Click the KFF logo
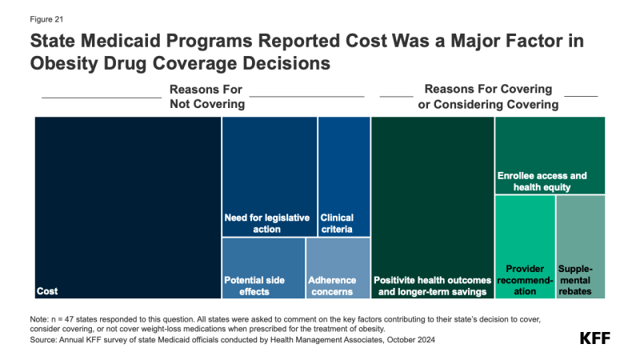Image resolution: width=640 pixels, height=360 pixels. [x=594, y=338]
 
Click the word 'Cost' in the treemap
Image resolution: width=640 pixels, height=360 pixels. [x=47, y=291]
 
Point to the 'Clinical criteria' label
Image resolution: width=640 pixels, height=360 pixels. [x=337, y=223]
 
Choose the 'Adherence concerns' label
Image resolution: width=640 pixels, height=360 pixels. [x=330, y=286]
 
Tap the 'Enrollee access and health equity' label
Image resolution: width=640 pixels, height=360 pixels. [x=542, y=182]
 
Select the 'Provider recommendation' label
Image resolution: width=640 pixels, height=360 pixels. [x=525, y=280]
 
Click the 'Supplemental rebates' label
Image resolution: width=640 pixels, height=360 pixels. [x=574, y=280]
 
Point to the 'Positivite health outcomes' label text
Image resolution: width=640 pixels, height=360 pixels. [x=432, y=280]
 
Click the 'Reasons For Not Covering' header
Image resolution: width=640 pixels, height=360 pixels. [x=206, y=97]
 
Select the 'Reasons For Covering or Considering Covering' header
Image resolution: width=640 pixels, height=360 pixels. [x=489, y=97]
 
